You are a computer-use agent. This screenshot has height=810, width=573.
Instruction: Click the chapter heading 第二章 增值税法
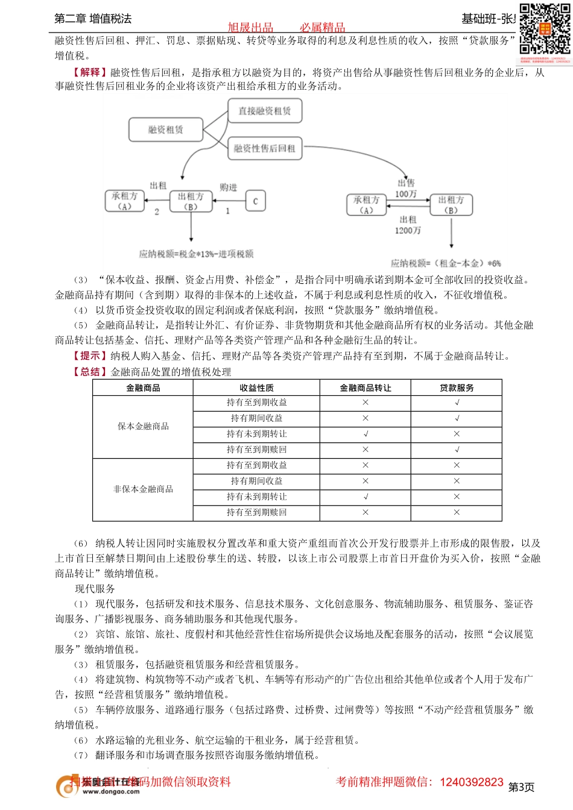[93, 19]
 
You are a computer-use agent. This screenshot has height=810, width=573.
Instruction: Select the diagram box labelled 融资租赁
[165, 130]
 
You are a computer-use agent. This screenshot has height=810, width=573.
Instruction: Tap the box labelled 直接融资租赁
[264, 111]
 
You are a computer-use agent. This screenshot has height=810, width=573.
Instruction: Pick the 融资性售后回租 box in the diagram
[264, 148]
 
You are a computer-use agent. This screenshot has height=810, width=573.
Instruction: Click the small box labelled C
[255, 201]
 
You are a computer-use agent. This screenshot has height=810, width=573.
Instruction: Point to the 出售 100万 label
[406, 188]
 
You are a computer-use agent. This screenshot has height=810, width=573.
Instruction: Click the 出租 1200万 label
[408, 225]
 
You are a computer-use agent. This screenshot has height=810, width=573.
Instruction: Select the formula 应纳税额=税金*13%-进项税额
[196, 254]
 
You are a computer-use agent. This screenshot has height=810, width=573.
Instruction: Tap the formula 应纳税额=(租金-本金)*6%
[446, 263]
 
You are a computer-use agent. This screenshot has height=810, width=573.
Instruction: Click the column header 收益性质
[256, 388]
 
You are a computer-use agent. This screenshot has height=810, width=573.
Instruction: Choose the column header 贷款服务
[457, 388]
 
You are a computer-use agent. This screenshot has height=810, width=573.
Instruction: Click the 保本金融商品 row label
[143, 426]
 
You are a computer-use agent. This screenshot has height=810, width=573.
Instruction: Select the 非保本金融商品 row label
[143, 489]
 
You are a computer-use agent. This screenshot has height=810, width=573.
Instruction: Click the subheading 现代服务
[95, 589]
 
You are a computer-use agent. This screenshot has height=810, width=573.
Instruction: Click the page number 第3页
[521, 787]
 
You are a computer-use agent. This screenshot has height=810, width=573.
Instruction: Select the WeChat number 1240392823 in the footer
[472, 782]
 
